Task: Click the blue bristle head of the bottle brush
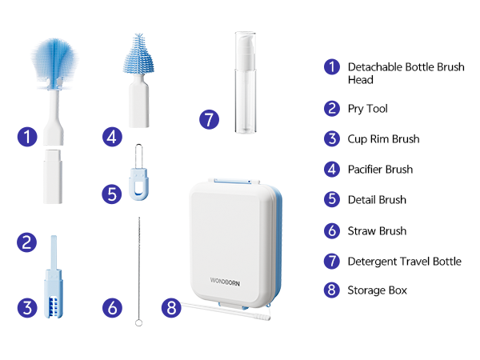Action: pyautogui.click(x=55, y=62)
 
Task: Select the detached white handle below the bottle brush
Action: pyautogui.click(x=53, y=176)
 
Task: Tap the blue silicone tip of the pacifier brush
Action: pyautogui.click(x=138, y=54)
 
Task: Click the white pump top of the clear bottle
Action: pyautogui.click(x=246, y=50)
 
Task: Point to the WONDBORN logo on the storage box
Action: pyautogui.click(x=225, y=282)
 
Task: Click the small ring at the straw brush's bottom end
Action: pyautogui.click(x=138, y=322)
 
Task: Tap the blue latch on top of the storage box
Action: pyautogui.click(x=234, y=181)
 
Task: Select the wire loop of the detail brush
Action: pyautogui.click(x=138, y=156)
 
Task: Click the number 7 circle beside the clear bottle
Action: pyautogui.click(x=209, y=119)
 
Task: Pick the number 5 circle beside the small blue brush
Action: pyautogui.click(x=112, y=194)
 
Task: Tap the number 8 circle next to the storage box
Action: pyautogui.click(x=171, y=307)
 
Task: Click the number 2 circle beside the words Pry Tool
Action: pyautogui.click(x=332, y=109)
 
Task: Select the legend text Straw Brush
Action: pyautogui.click(x=377, y=231)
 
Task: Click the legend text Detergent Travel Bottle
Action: pyautogui.click(x=405, y=262)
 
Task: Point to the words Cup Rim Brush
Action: pyautogui.click(x=383, y=139)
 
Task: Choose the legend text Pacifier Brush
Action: pyautogui.click(x=380, y=170)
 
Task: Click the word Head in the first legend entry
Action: pyautogui.click(x=361, y=80)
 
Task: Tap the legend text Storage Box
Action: pyautogui.click(x=378, y=290)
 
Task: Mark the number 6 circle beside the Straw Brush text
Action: pyautogui.click(x=332, y=230)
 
